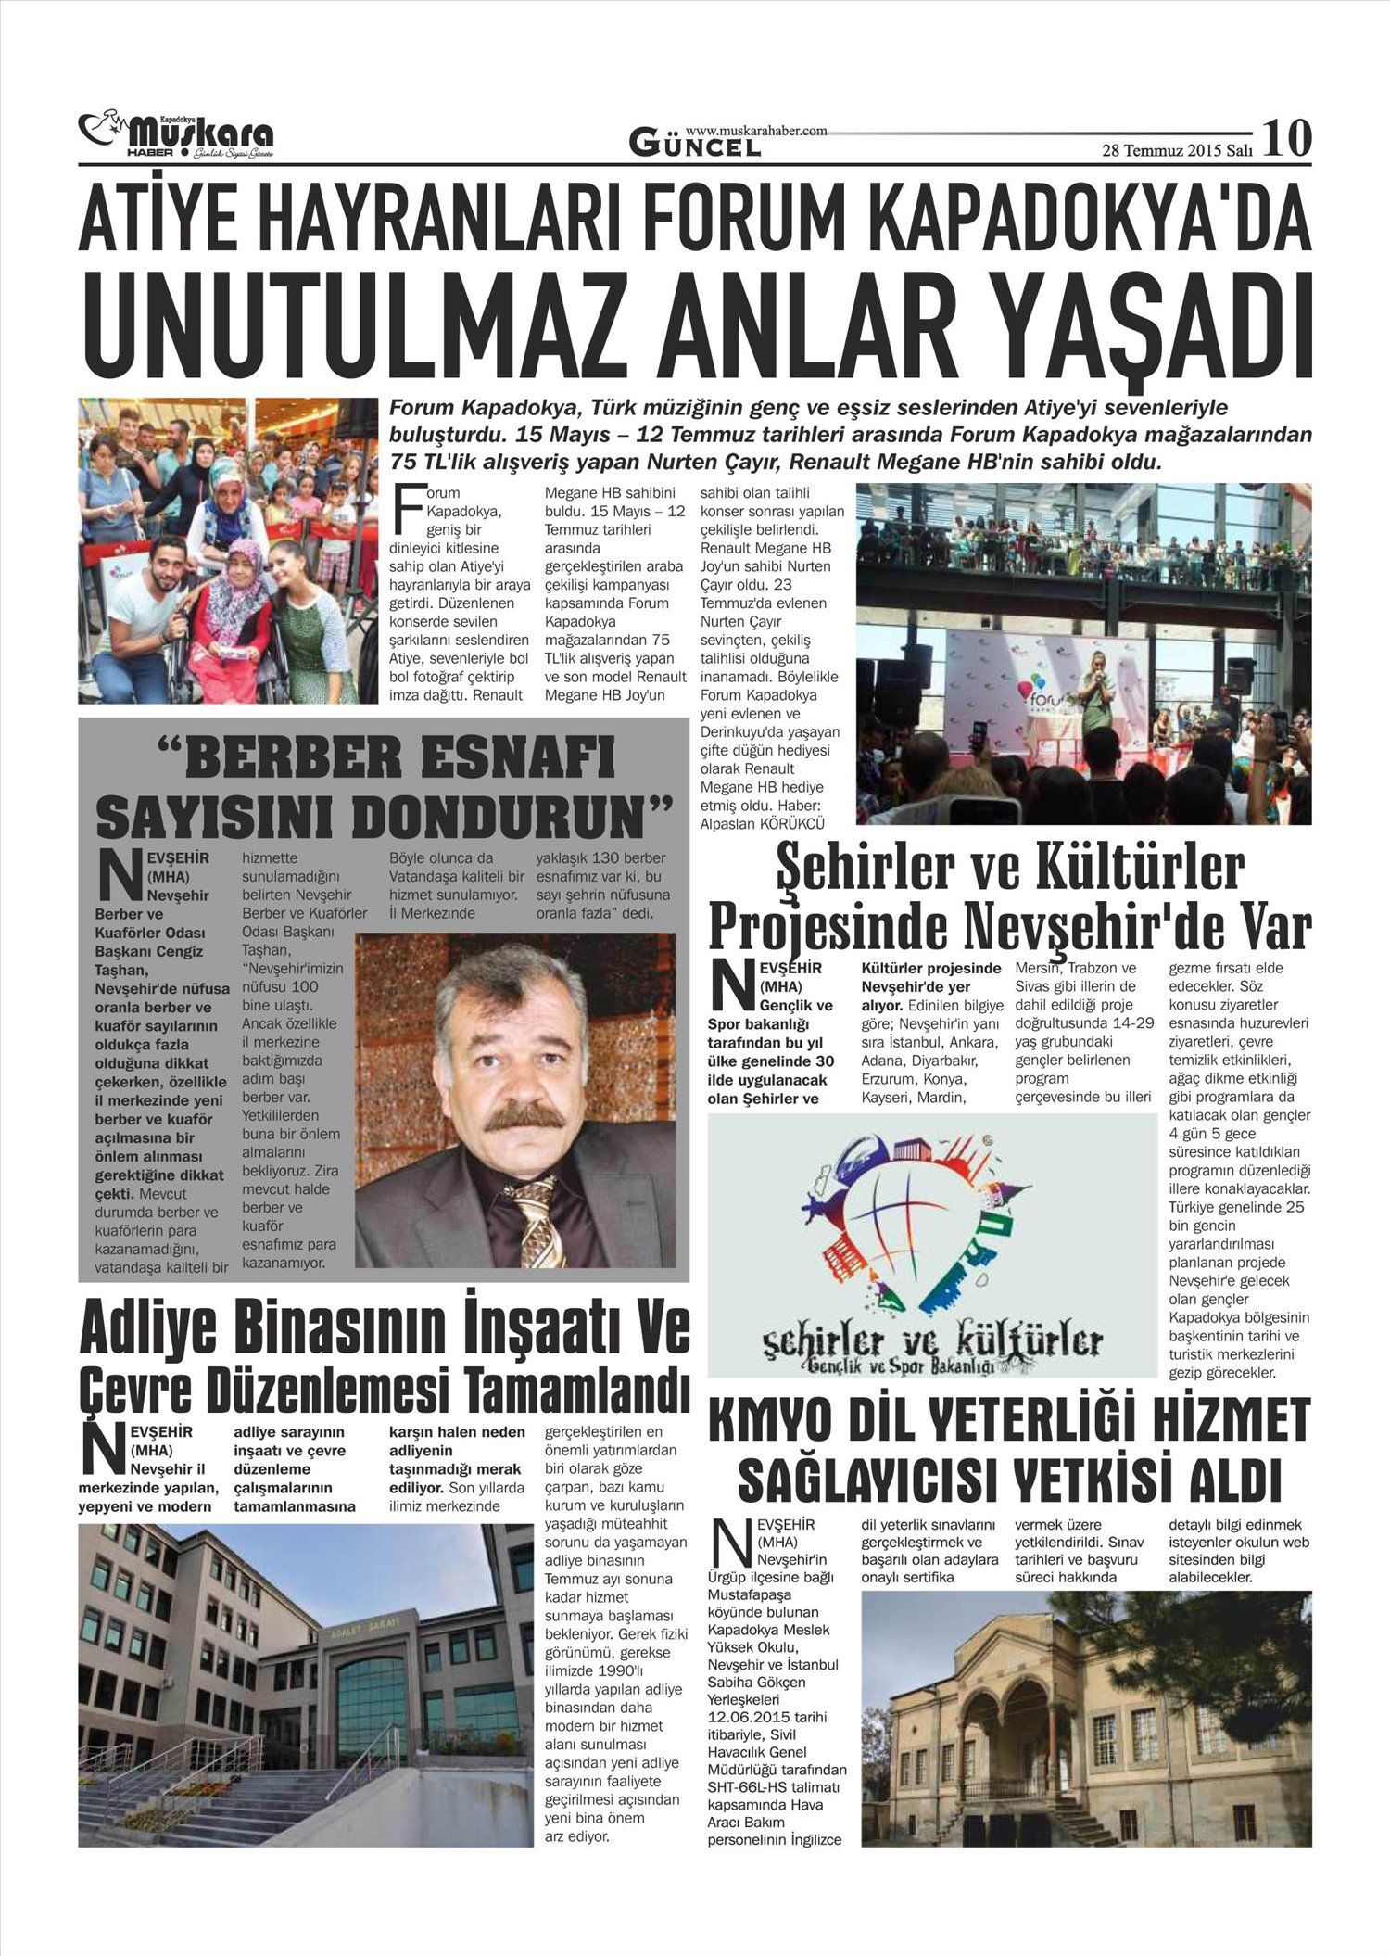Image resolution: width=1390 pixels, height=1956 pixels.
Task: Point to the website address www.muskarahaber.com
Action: pos(756,132)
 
